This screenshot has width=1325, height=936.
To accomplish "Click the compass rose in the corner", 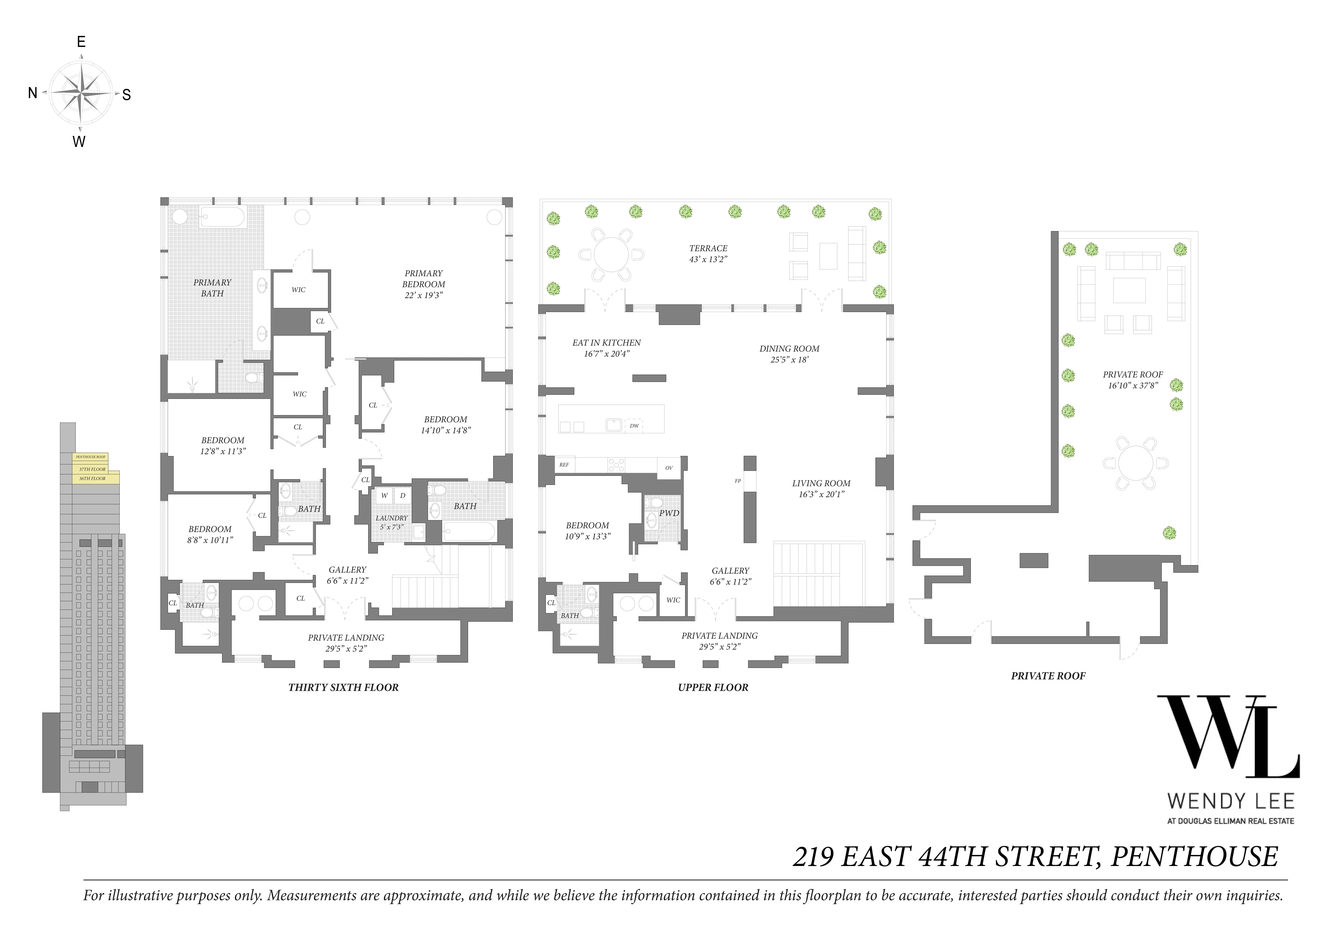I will [x=81, y=92].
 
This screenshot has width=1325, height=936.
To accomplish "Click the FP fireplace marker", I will [x=737, y=480].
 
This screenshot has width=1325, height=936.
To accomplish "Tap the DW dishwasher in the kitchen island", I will [x=634, y=426].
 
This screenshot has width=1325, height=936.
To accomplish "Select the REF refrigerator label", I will [x=564, y=464].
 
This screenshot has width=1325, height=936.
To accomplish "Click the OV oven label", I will [x=669, y=468].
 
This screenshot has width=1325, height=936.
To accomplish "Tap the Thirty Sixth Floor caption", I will [x=343, y=687].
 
